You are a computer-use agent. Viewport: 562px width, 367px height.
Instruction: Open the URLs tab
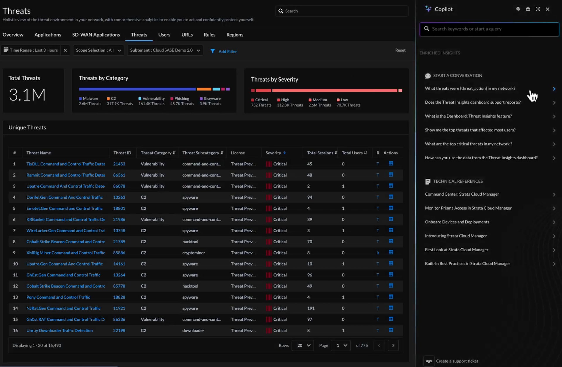pos(187,35)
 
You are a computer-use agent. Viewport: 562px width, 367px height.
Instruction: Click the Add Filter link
pos(227,51)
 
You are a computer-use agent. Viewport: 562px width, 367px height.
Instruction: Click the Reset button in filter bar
pos(400,50)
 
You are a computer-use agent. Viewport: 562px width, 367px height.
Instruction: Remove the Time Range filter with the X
pos(65,50)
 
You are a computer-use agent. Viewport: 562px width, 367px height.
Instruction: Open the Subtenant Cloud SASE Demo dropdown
pos(165,50)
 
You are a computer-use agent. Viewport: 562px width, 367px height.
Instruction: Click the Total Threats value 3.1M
pos(27,95)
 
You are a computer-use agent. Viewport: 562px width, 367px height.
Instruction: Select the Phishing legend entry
pos(181,98)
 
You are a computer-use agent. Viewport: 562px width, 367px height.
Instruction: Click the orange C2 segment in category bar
pos(204,89)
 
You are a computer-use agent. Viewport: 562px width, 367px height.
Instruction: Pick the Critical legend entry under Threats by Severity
pos(261,100)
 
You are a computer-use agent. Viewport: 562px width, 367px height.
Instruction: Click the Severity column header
pos(273,153)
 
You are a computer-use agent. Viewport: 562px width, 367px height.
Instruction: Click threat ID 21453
pos(119,164)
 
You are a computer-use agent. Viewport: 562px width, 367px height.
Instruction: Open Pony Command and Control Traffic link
pos(58,297)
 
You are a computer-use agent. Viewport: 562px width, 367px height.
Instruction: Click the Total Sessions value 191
pos(311,308)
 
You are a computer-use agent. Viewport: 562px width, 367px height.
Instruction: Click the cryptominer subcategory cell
pos(193,253)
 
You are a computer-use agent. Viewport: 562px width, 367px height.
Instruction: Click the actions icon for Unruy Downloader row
pos(391,330)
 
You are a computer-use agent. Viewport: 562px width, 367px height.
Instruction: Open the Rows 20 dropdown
pos(303,345)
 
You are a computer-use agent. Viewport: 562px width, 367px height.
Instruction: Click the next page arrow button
pos(393,345)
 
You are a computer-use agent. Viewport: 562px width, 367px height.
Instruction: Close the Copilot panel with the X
pos(547,9)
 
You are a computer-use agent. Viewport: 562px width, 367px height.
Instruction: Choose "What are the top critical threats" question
pos(468,144)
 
